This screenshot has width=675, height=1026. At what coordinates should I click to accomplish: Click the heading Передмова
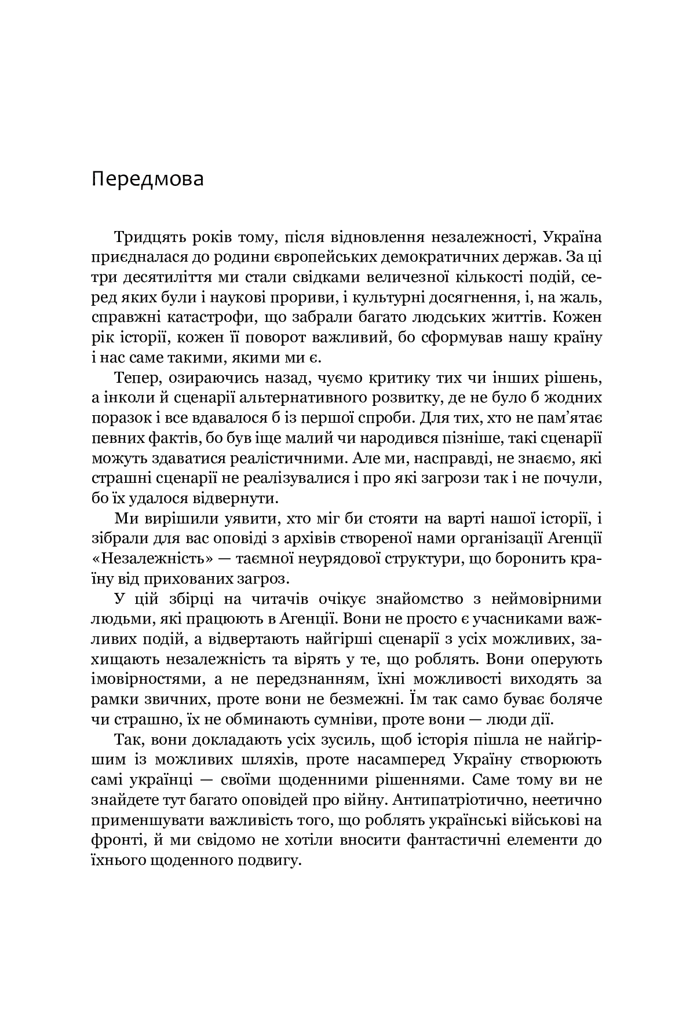[147, 179]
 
